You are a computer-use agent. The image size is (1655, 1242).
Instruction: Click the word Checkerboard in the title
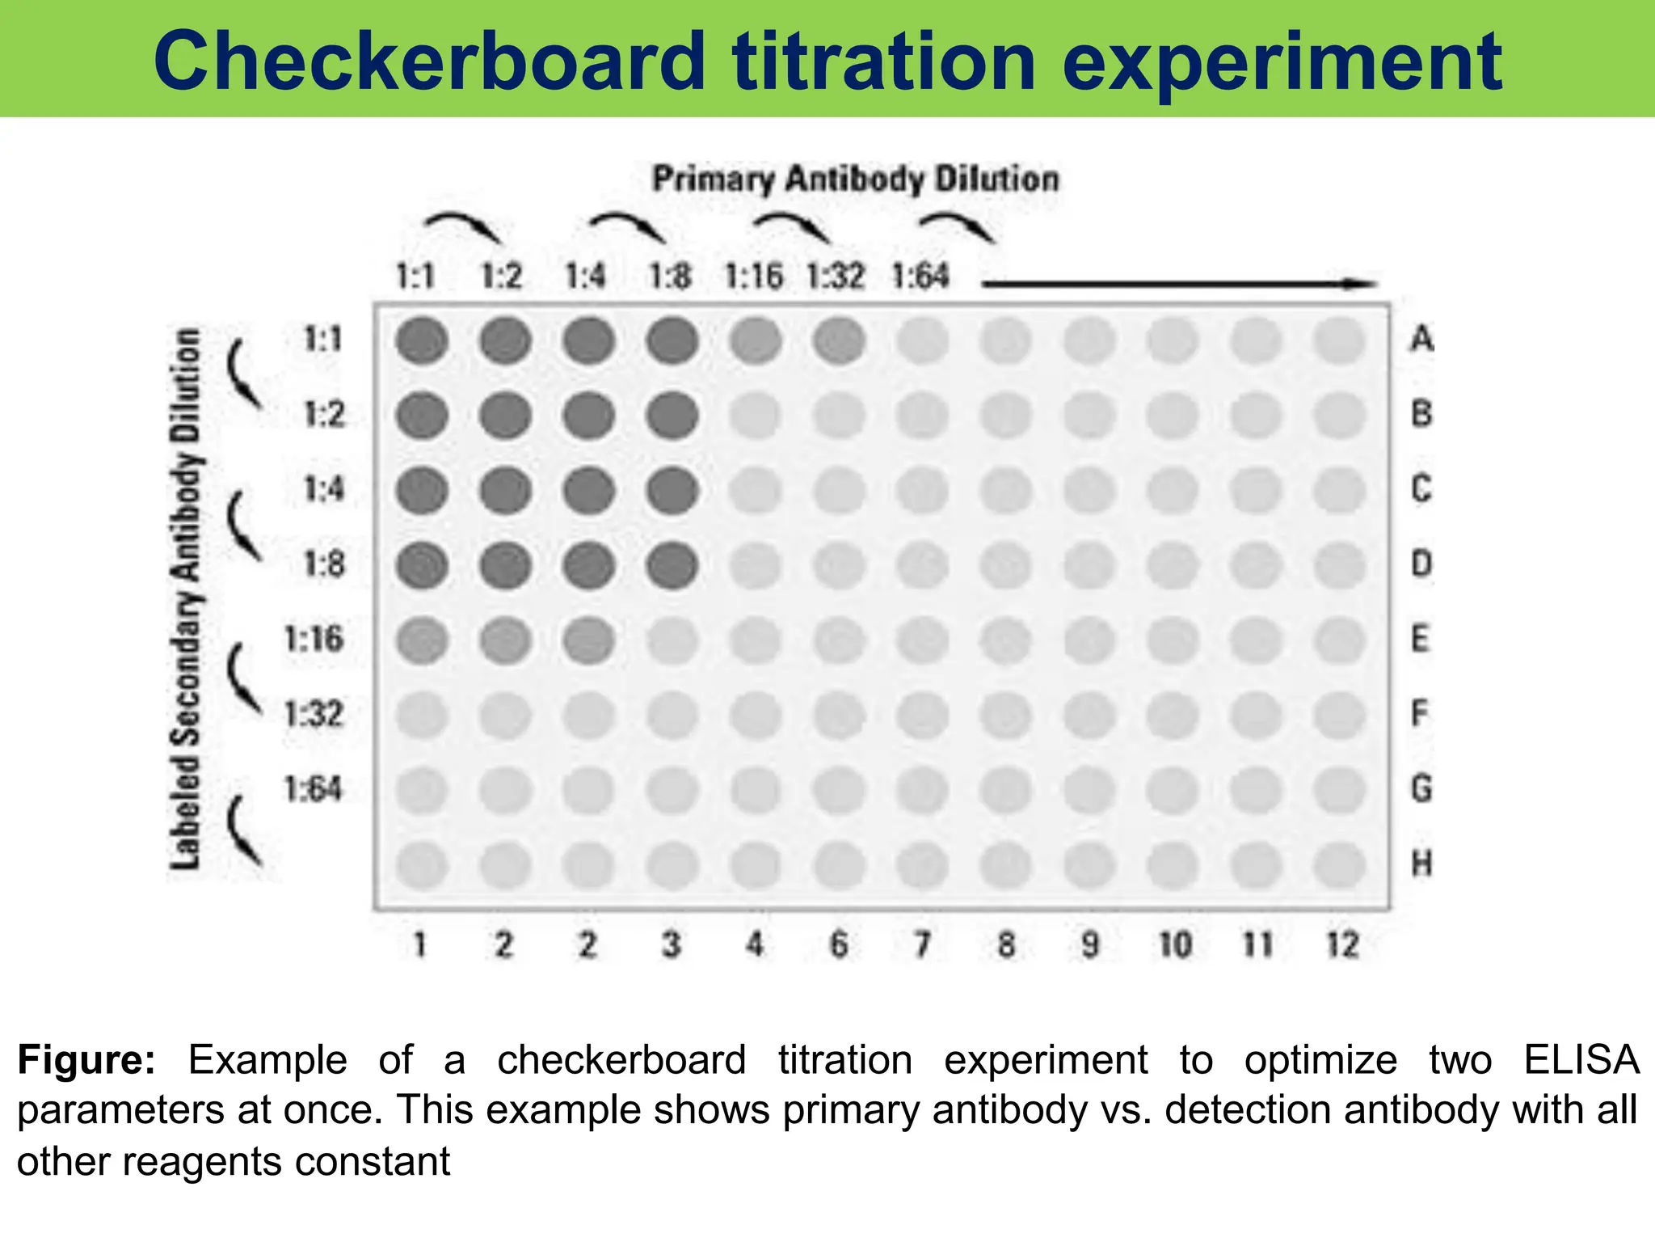pyautogui.click(x=428, y=61)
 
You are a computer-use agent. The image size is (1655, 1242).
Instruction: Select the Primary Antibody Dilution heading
pyautogui.click(x=855, y=179)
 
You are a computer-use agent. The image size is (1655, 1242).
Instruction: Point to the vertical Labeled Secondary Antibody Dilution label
pyautogui.click(x=186, y=598)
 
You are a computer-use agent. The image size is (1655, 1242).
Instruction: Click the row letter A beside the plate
pyautogui.click(x=1421, y=339)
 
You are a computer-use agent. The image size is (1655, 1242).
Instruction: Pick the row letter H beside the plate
pyautogui.click(x=1421, y=864)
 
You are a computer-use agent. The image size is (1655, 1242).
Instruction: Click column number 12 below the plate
pyautogui.click(x=1342, y=944)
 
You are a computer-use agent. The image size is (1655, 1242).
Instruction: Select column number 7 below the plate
pyautogui.click(x=922, y=944)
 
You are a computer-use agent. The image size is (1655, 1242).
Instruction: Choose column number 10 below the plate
pyautogui.click(x=1175, y=944)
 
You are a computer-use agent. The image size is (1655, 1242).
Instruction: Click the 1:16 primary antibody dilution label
pyautogui.click(x=753, y=277)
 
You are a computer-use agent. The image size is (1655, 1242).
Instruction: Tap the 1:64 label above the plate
pyautogui.click(x=920, y=277)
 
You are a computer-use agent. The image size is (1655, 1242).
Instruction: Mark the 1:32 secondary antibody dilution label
pyautogui.click(x=314, y=714)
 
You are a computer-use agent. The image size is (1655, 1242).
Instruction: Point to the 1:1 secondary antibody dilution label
pyautogui.click(x=323, y=339)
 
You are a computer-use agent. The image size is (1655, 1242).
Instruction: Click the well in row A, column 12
pyautogui.click(x=1340, y=340)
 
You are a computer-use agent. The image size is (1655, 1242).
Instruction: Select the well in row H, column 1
pyautogui.click(x=422, y=865)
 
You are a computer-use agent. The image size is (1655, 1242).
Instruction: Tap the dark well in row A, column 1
pyautogui.click(x=422, y=340)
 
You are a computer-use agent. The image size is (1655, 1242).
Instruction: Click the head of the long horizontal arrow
pyautogui.click(x=1366, y=284)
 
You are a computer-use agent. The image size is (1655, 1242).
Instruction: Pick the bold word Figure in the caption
pyautogui.click(x=86, y=1059)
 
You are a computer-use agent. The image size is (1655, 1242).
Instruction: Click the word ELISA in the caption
pyautogui.click(x=1581, y=1059)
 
